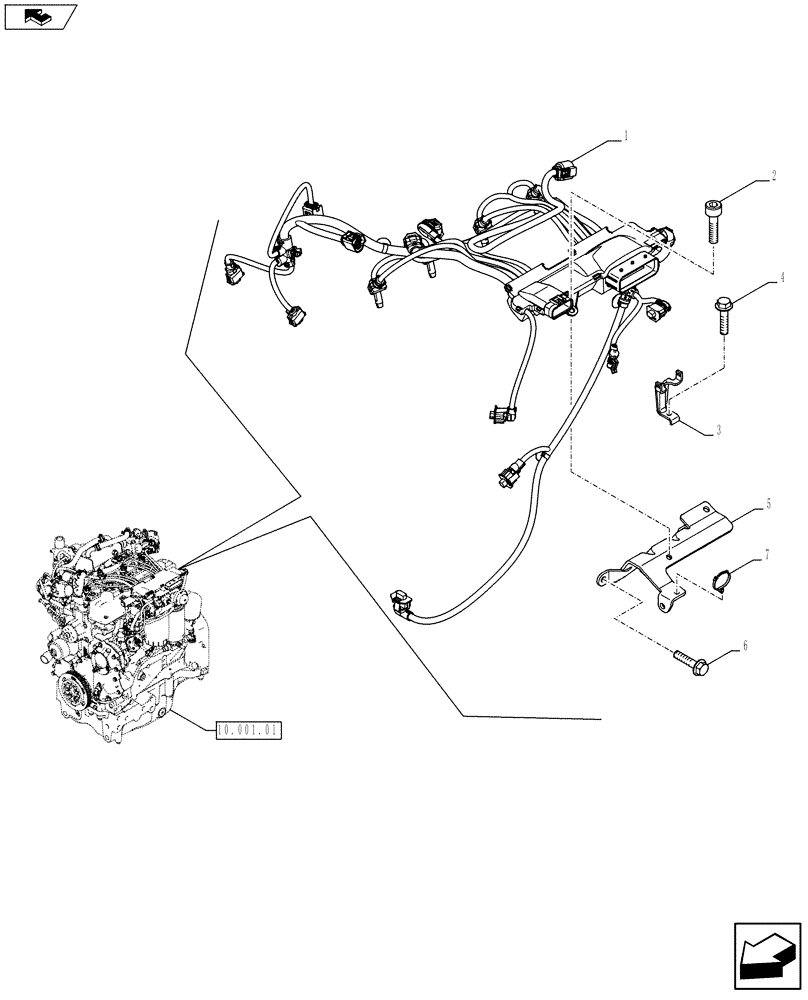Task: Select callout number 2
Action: pyautogui.click(x=773, y=178)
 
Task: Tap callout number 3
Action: pyautogui.click(x=717, y=430)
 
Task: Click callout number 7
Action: pyautogui.click(x=767, y=553)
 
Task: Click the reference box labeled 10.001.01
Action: pyautogui.click(x=249, y=730)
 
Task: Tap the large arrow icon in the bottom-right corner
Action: pyautogui.click(x=769, y=961)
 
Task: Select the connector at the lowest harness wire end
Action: pyautogui.click(x=398, y=602)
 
